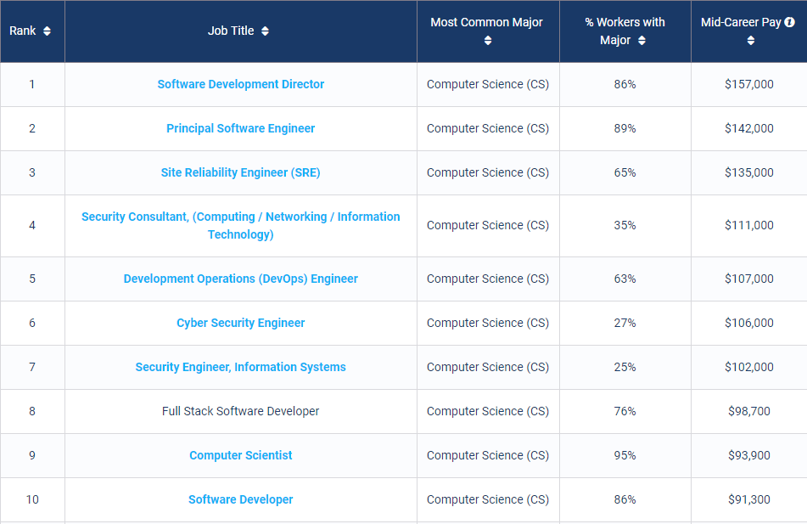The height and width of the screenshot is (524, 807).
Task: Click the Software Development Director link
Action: (241, 84)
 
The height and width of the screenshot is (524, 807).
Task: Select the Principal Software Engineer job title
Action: (241, 128)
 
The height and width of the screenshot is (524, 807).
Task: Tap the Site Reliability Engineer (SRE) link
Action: (241, 172)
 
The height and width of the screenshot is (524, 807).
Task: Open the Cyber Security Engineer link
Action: (241, 323)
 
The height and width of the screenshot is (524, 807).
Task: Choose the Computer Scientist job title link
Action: (241, 455)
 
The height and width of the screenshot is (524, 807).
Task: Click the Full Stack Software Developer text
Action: (241, 411)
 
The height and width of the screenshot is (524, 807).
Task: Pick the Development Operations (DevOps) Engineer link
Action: (241, 279)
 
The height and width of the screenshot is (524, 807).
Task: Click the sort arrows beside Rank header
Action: (47, 31)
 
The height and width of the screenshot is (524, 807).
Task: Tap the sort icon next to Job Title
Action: (265, 31)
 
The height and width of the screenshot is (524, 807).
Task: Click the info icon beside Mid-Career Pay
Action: (790, 22)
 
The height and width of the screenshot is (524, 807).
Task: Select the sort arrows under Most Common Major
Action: (488, 40)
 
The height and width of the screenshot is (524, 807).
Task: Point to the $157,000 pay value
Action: (749, 84)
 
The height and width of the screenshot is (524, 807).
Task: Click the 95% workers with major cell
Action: (625, 455)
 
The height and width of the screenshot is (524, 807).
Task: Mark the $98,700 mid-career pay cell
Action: (749, 411)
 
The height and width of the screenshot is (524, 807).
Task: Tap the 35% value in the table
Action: (625, 225)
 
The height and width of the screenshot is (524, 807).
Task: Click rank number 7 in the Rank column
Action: (32, 367)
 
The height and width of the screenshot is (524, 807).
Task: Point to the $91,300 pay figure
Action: (749, 499)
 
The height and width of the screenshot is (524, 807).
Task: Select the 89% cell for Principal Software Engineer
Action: (625, 128)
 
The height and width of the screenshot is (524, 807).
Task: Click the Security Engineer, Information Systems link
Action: (241, 367)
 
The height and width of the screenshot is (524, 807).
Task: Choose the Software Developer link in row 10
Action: (241, 499)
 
